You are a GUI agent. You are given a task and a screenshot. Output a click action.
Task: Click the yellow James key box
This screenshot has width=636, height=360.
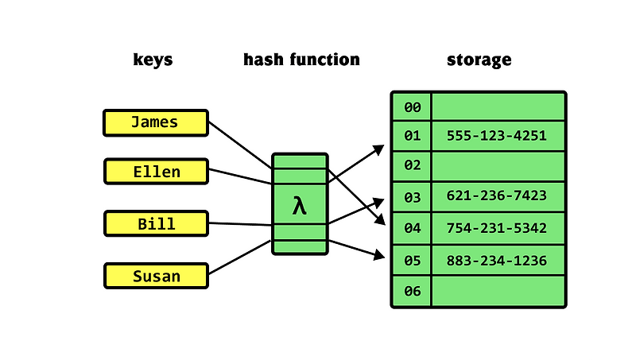156,122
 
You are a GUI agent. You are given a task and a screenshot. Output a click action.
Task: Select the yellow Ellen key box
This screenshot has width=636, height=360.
156,172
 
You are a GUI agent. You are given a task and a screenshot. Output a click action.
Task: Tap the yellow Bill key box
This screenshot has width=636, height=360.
156,223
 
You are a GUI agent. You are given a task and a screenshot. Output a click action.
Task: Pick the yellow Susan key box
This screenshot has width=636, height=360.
156,276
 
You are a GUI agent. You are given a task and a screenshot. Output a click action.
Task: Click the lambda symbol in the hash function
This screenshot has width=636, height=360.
300,206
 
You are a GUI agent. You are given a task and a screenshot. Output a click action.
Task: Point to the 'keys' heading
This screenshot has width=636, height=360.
153,60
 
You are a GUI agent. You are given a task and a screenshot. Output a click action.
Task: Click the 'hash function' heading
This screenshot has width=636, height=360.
301,60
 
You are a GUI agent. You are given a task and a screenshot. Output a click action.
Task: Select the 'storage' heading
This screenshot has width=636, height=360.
479,60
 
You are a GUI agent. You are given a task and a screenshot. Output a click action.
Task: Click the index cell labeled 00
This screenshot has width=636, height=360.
412,106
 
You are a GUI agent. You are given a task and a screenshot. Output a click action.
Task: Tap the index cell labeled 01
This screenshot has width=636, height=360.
412,136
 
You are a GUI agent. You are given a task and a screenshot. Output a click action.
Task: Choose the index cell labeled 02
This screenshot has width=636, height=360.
412,166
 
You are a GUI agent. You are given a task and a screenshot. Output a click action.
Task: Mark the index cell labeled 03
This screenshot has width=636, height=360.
412,196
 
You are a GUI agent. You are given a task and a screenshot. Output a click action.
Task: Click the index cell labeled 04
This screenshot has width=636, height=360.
412,228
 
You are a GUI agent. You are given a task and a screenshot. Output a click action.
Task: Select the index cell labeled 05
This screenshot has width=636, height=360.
412,260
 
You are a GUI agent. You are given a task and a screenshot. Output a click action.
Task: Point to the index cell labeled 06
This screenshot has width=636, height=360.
412,291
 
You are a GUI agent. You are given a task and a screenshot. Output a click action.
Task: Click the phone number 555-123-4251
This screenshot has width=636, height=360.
498,136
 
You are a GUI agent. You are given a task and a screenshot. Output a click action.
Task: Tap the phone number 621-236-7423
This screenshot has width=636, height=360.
498,196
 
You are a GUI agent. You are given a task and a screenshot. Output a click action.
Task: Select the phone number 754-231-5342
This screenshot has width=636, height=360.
498,228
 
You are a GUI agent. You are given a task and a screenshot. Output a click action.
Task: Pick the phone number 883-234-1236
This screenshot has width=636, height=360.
498,260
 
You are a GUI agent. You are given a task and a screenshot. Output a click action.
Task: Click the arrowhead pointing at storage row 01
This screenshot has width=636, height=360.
380,149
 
